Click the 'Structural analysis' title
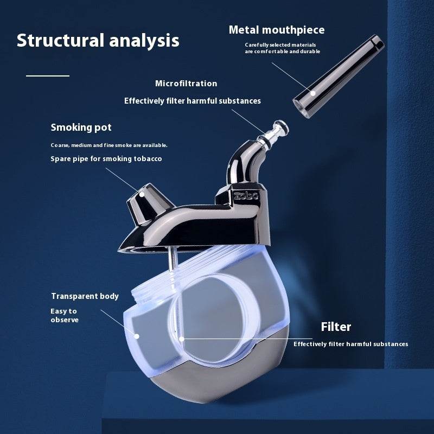coord(98,41)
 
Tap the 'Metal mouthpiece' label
coord(277,30)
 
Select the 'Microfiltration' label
coord(186,84)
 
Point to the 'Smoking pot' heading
coord(81,127)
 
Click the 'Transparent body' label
coord(85,296)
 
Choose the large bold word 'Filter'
coord(336,327)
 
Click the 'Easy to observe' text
coord(65,315)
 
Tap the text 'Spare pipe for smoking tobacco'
coord(106,159)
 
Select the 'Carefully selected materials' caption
coord(280,45)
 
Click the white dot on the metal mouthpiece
coord(313,93)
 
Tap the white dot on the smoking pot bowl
coord(142,194)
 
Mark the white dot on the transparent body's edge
coord(137,336)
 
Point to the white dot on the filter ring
coord(182,339)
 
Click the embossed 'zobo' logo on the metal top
coord(246,195)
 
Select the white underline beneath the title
coord(48,75)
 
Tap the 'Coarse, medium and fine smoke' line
coord(109,145)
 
